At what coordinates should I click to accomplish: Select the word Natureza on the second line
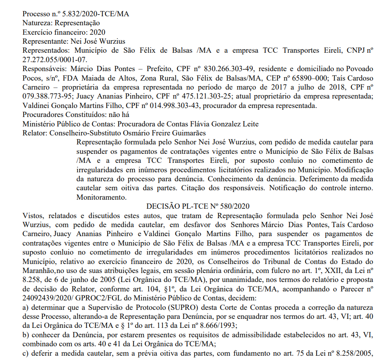click(x=36, y=23)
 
